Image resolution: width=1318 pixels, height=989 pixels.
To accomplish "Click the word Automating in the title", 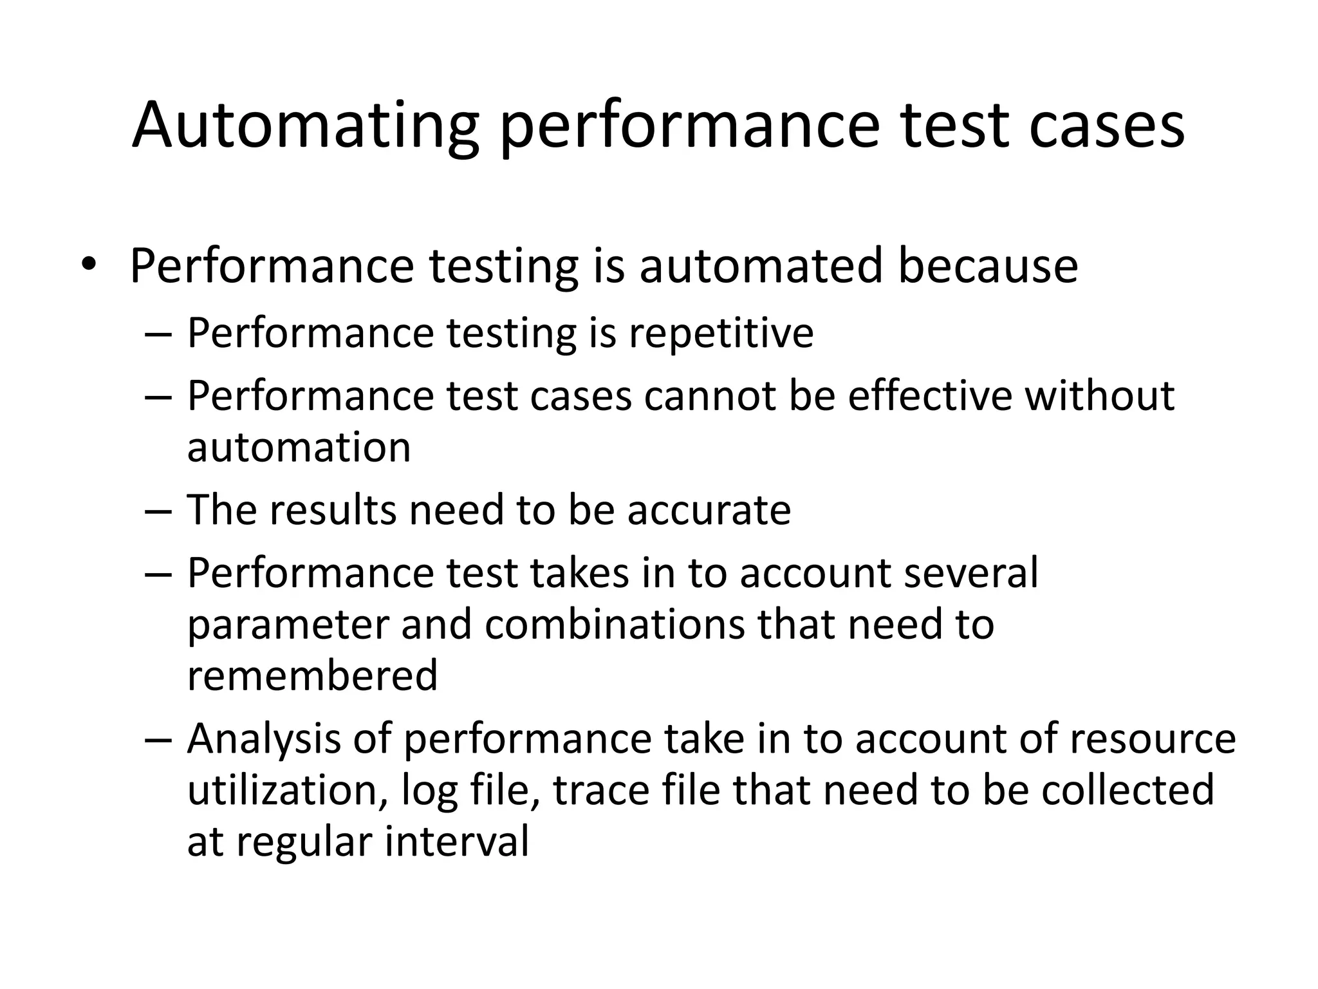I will click(x=305, y=126).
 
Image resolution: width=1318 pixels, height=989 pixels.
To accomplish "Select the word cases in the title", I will click(x=1106, y=126).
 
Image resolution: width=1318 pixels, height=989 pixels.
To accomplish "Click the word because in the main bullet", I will click(x=987, y=265).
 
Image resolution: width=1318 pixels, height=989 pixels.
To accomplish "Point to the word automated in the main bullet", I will click(x=759, y=265).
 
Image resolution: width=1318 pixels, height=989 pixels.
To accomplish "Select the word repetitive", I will click(x=721, y=334).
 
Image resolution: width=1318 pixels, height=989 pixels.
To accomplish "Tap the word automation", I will click(x=299, y=447).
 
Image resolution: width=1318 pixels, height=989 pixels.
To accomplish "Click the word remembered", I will click(x=312, y=675).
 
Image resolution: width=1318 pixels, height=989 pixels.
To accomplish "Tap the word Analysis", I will click(x=264, y=739).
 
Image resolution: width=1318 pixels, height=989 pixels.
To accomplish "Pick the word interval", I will click(x=456, y=842).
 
